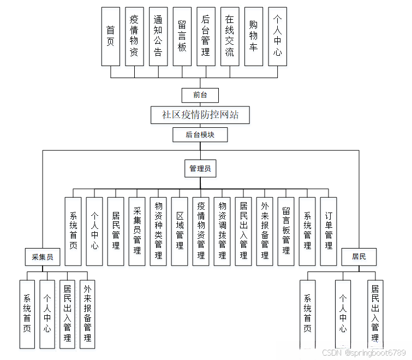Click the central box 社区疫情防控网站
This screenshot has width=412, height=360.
tap(200, 115)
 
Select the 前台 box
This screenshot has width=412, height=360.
tap(200, 95)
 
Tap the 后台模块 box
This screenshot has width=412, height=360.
tap(200, 134)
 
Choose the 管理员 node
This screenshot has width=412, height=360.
tap(200, 169)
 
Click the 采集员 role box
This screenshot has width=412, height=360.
tap(43, 257)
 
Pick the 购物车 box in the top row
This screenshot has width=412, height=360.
tap(253, 36)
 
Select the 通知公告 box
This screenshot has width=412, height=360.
tap(158, 36)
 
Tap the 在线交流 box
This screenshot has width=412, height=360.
tap(230, 36)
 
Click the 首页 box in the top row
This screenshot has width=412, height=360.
tap(111, 36)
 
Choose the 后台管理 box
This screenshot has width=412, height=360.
tap(206, 36)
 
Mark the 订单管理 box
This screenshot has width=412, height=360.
tap(329, 231)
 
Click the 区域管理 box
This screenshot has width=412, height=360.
tap(180, 231)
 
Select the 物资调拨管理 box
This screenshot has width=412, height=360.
tap(222, 231)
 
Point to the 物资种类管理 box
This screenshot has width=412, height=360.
tap(158, 231)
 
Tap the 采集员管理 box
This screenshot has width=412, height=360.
tap(137, 231)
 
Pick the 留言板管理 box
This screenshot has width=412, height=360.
tap(286, 231)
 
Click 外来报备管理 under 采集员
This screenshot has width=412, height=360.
tap(87, 314)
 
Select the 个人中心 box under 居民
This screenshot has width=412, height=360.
tap(343, 314)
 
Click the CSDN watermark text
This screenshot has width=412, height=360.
tap(363, 353)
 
